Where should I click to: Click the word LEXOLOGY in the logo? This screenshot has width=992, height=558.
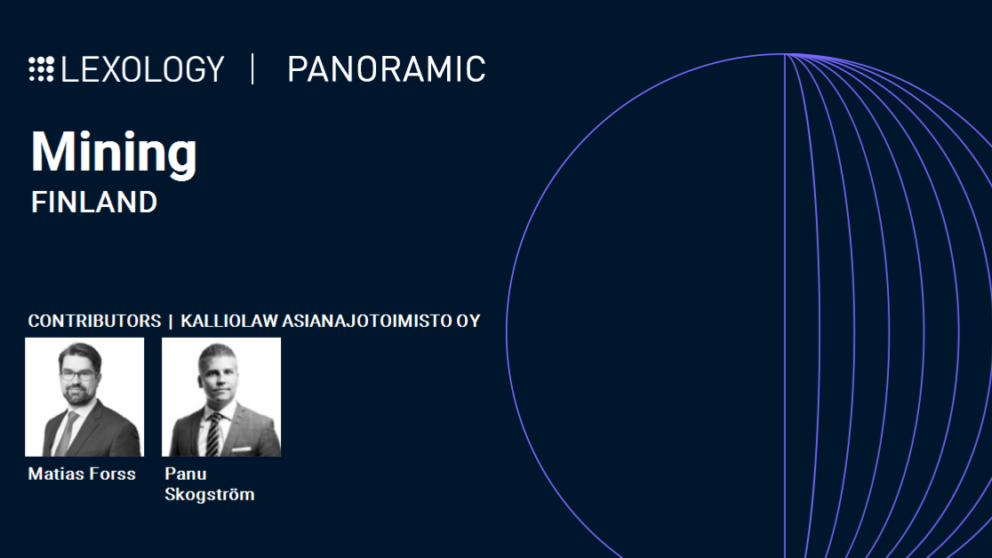pyautogui.click(x=142, y=69)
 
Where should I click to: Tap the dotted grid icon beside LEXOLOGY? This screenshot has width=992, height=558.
pyautogui.click(x=41, y=69)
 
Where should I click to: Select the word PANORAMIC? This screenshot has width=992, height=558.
pyautogui.click(x=387, y=69)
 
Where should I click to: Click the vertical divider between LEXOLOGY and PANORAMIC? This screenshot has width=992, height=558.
pyautogui.click(x=253, y=69)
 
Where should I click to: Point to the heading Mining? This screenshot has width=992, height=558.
pyautogui.click(x=114, y=153)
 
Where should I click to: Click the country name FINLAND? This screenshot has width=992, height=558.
pyautogui.click(x=94, y=203)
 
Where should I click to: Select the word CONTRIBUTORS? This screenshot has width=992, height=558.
pyautogui.click(x=94, y=321)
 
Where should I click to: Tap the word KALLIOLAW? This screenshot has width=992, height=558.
pyautogui.click(x=229, y=321)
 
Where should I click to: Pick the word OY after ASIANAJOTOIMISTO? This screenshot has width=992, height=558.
pyautogui.click(x=468, y=321)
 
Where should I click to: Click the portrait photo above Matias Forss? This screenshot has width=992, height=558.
pyautogui.click(x=84, y=397)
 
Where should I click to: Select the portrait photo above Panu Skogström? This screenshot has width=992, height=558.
pyautogui.click(x=221, y=397)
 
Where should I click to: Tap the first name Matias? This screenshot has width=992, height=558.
pyautogui.click(x=55, y=474)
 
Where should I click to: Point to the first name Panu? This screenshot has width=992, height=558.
pyautogui.click(x=186, y=474)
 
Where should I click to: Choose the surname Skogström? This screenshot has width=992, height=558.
pyautogui.click(x=210, y=494)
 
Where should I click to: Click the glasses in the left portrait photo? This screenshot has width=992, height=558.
pyautogui.click(x=78, y=375)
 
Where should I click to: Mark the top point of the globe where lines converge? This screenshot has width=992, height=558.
pyautogui.click(x=785, y=54)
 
